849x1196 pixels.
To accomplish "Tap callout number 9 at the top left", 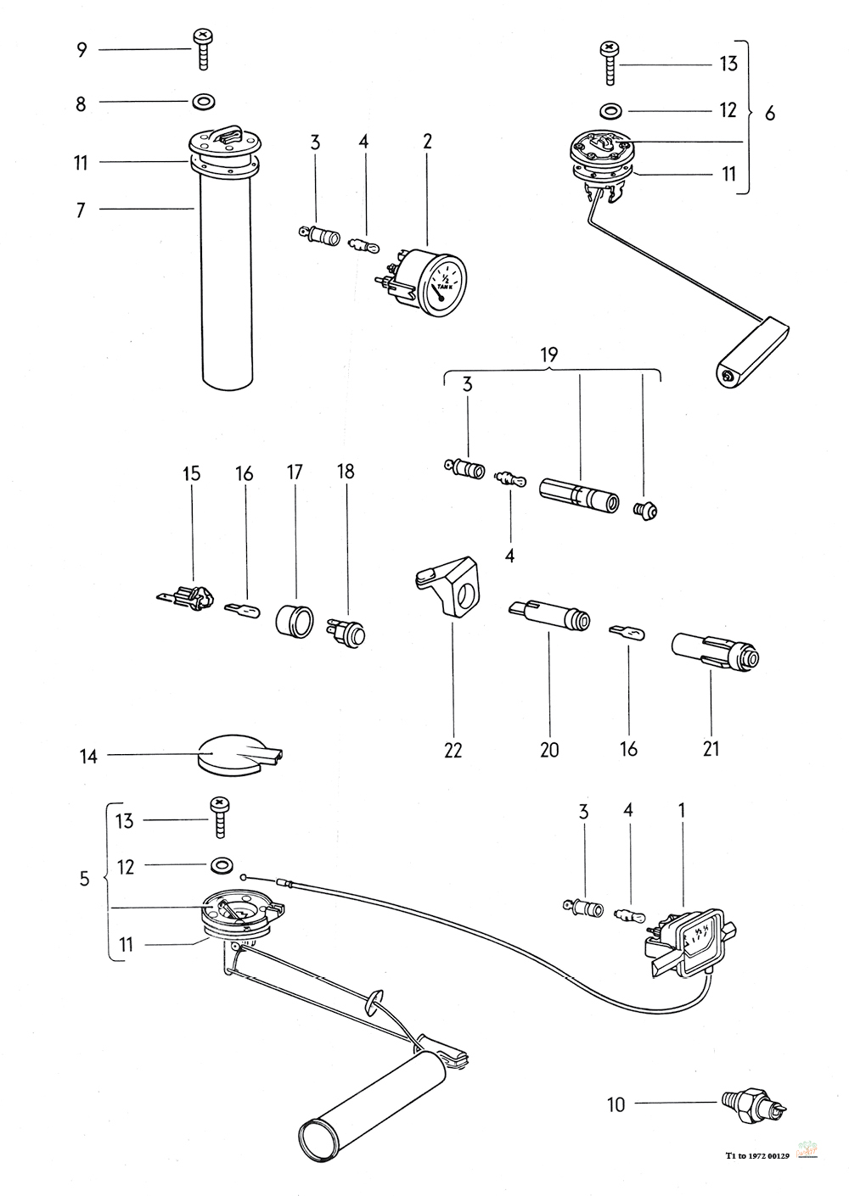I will pos(82,50).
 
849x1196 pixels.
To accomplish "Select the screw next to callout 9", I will pos(204,48).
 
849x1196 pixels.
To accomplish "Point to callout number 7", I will pos(81,210).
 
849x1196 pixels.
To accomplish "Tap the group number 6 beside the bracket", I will pos(770,113).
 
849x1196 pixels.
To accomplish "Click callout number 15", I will pos(192,473).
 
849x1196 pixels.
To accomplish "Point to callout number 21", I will pos(711,749).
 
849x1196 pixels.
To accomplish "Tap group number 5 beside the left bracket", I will pos(84,879).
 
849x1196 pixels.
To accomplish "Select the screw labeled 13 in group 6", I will pos(610,60).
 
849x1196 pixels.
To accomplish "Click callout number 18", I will pos(346,473).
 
